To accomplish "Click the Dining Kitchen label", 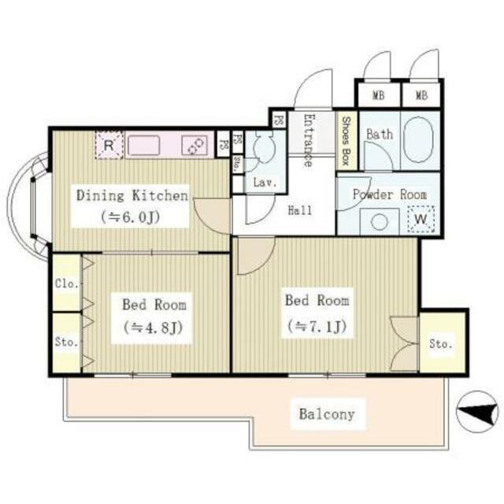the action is [132, 195].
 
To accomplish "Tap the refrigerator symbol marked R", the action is [109, 145].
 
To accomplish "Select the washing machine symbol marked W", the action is [421, 219].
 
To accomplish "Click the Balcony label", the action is [327, 414].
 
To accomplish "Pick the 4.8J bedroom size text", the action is [153, 328].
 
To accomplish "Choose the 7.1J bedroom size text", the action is [317, 326].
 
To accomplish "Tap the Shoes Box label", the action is [346, 140].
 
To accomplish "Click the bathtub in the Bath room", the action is [420, 139].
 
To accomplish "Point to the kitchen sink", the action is [144, 146].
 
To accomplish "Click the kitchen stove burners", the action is [195, 146].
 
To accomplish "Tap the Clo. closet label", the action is [66, 283].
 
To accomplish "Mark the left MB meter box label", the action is [378, 95].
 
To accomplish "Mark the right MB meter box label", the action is [422, 95].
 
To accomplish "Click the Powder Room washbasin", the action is [380, 221].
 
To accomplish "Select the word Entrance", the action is [308, 140].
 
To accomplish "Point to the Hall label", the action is [299, 210].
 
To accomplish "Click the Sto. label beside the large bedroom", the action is [441, 344].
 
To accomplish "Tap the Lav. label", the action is [265, 183].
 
